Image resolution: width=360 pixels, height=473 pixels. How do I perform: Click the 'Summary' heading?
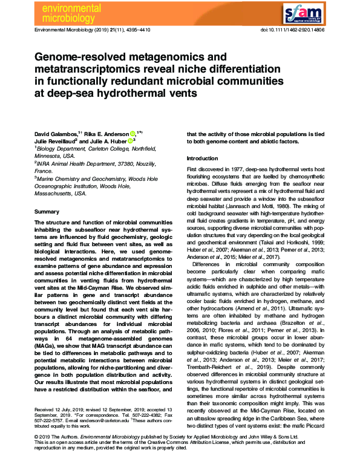(47, 212)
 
